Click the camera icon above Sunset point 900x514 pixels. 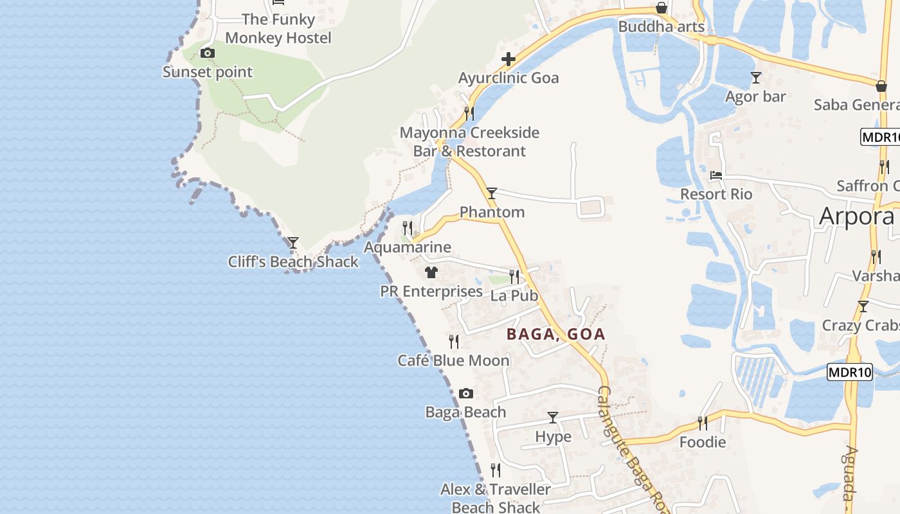pos(207,53)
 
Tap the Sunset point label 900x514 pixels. pos(207,72)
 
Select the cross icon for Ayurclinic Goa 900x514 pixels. pos(509,60)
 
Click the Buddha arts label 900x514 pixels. pos(661,27)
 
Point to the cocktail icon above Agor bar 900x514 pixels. pos(756,78)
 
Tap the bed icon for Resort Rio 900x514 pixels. pos(716,175)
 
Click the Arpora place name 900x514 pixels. pos(856,217)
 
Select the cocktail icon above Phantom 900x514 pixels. pos(492,193)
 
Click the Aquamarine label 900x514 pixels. pos(408,247)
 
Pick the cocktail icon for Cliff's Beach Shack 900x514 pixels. pos(293,243)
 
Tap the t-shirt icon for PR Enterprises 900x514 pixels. pos(431,272)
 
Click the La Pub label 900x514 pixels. pos(514,296)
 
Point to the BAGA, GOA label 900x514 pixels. pos(556,334)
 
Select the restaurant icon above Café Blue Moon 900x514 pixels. pos(454,341)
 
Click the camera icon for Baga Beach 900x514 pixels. pos(466,393)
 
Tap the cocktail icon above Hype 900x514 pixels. pos(553,418)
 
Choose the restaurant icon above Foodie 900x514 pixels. pos(703,423)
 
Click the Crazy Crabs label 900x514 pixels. pos(860,325)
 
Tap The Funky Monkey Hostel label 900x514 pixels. pos(278,29)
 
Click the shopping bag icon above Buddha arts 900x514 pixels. pos(661,8)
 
